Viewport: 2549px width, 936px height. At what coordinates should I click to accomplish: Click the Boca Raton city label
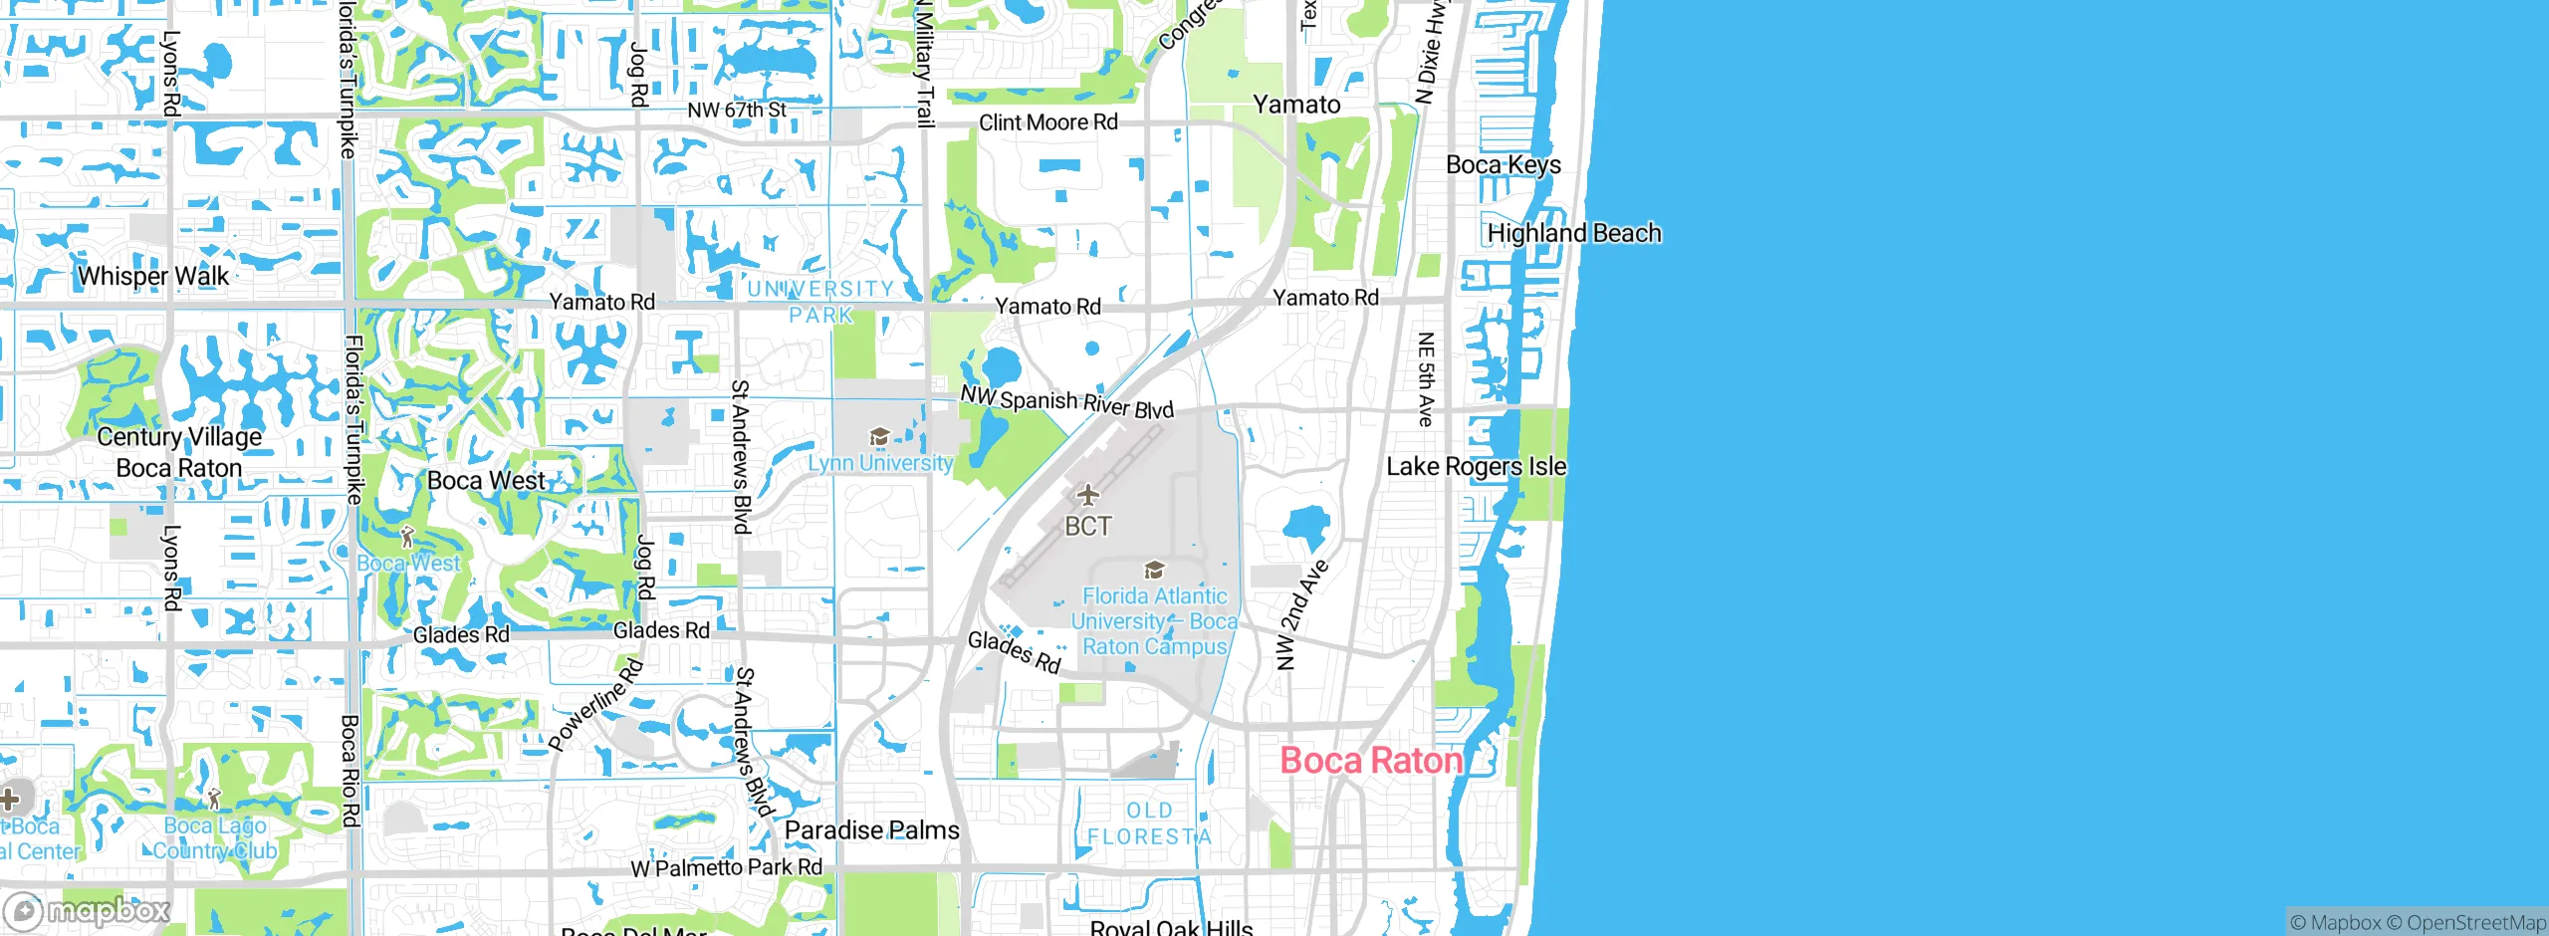tap(1371, 761)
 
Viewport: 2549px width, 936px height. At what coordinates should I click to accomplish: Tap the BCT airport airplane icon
tap(1087, 495)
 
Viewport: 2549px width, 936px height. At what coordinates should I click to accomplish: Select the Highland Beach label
tap(1573, 233)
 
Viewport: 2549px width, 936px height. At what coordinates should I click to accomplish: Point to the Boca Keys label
tap(1503, 164)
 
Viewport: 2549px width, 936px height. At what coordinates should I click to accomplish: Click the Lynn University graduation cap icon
tap(879, 437)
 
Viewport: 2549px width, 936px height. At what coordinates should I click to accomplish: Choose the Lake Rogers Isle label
tap(1476, 466)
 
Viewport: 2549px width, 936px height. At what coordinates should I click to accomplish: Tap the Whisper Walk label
tap(153, 276)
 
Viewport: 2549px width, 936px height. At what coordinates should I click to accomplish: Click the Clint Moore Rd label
tap(1047, 122)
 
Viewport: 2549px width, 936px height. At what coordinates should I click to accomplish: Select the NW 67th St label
tap(737, 110)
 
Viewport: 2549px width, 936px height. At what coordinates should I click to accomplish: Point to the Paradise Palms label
tap(871, 830)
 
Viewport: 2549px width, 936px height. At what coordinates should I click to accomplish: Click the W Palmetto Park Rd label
tap(727, 867)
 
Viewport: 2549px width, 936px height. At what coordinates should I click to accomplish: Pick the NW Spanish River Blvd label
tap(1066, 401)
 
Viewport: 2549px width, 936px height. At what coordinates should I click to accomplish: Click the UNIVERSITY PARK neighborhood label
tap(820, 302)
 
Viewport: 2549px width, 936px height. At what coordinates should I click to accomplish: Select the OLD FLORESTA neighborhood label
tap(1149, 823)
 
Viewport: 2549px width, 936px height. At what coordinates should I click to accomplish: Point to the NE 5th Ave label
tap(1426, 379)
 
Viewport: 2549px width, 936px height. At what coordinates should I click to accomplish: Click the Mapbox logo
tap(88, 911)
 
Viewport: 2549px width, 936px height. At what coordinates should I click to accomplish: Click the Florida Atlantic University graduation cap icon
tap(1154, 570)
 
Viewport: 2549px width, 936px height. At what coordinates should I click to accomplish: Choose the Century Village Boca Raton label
tap(179, 452)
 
